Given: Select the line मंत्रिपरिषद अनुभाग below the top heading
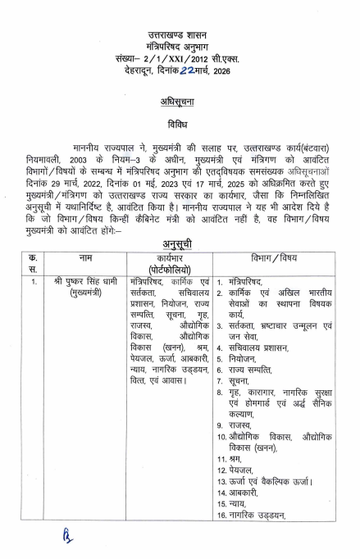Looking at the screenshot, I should [x=180, y=48].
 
